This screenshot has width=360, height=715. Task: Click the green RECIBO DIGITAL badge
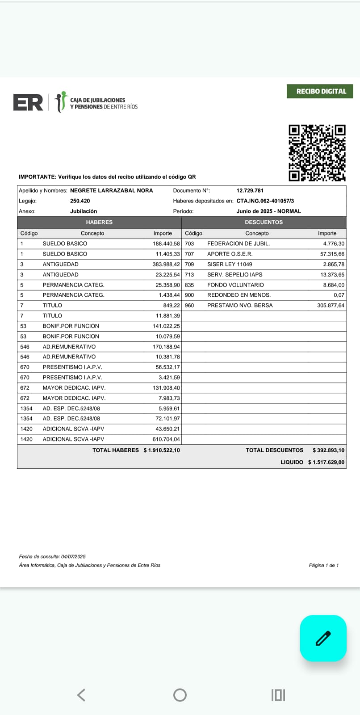click(320, 91)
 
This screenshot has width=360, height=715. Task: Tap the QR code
click(317, 153)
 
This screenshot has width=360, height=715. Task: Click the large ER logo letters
click(28, 102)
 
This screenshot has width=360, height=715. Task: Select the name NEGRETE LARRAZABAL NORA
click(111, 190)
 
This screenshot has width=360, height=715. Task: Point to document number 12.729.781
click(250, 190)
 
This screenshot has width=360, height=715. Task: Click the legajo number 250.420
click(80, 201)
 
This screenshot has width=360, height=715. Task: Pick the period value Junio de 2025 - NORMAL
click(268, 211)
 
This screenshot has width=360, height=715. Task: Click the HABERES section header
click(99, 222)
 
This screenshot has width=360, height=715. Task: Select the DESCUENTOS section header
click(264, 222)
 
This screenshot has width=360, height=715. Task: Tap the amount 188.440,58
click(166, 244)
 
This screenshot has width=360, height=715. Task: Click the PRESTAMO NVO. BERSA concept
click(240, 305)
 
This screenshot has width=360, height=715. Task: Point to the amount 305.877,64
click(331, 306)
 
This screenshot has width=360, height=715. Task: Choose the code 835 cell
click(189, 285)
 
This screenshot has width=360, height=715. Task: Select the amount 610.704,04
click(166, 439)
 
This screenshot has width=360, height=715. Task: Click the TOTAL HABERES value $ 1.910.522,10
click(162, 450)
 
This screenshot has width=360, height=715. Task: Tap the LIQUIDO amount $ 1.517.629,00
click(326, 462)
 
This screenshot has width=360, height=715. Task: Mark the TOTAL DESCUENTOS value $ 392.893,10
click(328, 450)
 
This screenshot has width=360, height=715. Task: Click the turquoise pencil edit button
click(323, 638)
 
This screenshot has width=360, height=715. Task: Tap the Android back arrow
click(81, 695)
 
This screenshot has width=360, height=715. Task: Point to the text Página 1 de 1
click(323, 565)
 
